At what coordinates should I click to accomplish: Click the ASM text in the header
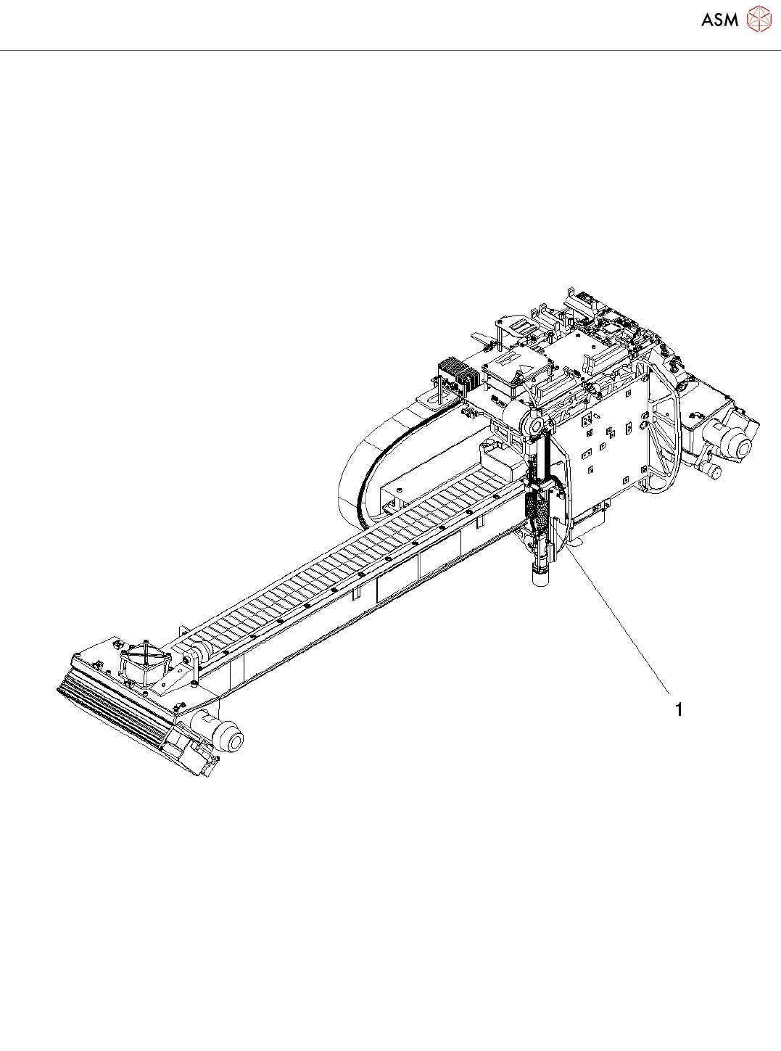(x=719, y=20)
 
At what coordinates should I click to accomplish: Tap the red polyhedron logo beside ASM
(x=759, y=19)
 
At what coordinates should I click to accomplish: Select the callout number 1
(x=679, y=709)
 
